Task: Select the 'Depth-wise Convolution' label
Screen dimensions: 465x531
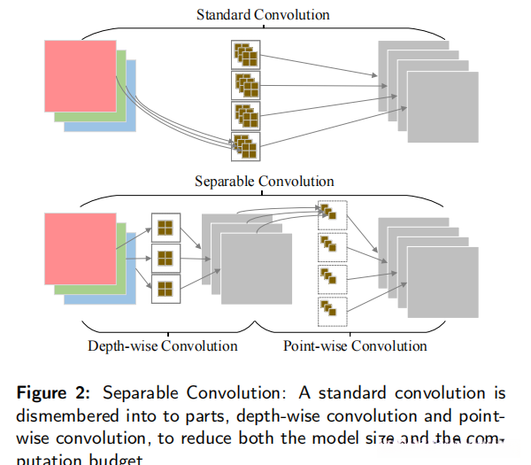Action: pos(163,345)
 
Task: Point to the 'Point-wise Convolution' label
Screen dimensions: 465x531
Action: pos(355,345)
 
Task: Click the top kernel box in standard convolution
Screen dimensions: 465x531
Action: pos(244,55)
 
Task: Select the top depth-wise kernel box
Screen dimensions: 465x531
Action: pos(165,228)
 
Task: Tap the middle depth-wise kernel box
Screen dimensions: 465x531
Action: pos(165,259)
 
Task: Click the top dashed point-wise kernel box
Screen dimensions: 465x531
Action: pos(331,213)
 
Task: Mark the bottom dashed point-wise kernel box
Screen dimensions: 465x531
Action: pos(331,309)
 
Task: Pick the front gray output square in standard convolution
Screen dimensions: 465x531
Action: pos(442,106)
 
